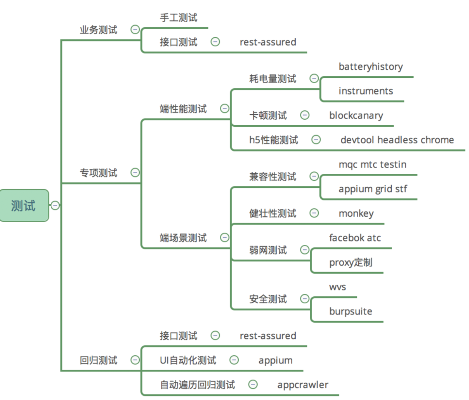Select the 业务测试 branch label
(98, 30)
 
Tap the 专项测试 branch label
(98, 173)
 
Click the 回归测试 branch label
(98, 360)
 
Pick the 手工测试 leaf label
(178, 17)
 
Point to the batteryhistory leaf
(370, 67)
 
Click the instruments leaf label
(366, 91)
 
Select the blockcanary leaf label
(356, 116)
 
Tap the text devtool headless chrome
(397, 140)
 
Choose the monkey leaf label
(356, 214)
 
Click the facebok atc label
(355, 238)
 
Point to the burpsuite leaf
(350, 311)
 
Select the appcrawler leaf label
(303, 385)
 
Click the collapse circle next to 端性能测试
(224, 108)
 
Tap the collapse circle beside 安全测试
(305, 299)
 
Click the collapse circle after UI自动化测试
(234, 360)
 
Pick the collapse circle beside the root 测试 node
(55, 205)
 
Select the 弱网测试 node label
(268, 250)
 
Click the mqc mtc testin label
(372, 164)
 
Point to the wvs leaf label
(337, 287)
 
